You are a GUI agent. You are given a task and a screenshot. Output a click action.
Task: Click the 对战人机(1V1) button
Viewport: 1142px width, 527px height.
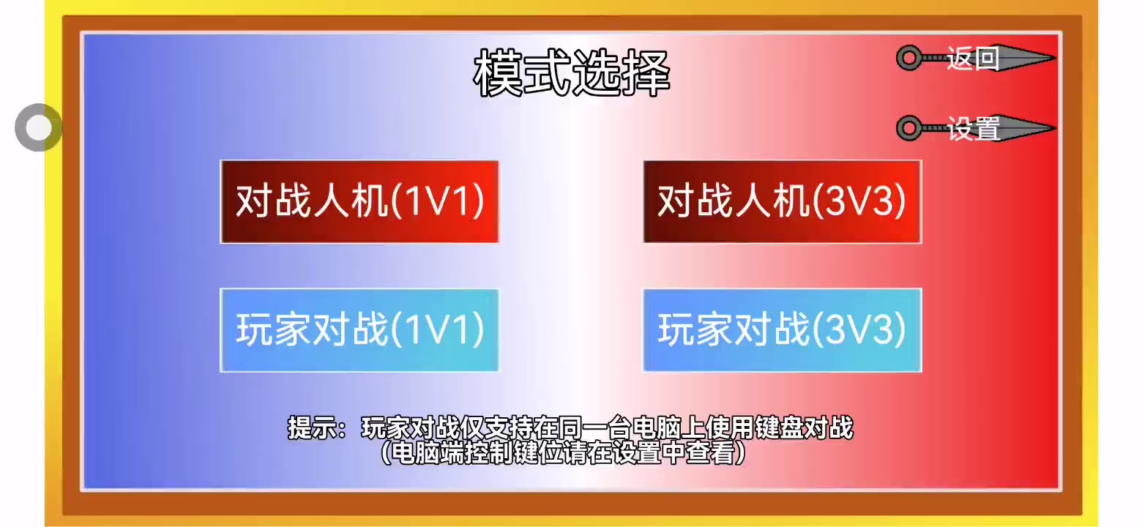359,202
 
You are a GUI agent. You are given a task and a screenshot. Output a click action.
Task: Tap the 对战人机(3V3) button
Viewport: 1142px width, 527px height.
783,202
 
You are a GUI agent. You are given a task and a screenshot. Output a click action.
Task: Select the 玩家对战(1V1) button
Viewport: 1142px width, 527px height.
359,330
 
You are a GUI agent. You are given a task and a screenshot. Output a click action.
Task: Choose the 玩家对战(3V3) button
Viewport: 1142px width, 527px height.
783,330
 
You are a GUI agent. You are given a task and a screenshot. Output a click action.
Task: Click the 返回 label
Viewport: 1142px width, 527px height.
973,59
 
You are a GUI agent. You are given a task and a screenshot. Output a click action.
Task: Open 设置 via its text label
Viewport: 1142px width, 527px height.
973,128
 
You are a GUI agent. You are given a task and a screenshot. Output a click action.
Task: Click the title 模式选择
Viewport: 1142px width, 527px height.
572,73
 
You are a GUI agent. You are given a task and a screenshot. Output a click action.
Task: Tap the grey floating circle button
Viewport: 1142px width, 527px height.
39,127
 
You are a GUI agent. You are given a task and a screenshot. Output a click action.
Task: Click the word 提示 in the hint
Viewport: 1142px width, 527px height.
312,427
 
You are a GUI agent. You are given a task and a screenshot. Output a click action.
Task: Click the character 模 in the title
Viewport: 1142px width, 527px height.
498,73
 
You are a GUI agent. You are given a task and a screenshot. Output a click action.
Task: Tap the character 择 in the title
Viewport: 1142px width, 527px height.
646,73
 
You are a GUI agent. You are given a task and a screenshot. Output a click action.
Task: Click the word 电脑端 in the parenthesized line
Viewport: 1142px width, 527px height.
428,452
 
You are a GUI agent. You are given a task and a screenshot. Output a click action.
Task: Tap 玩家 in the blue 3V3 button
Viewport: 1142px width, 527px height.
695,329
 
